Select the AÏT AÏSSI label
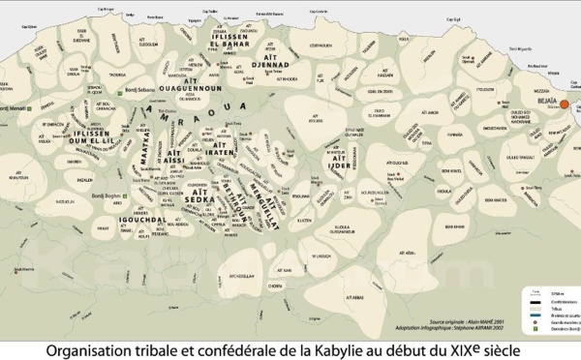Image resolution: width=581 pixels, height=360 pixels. point(175,159)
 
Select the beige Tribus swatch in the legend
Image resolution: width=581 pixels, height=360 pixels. point(535,310)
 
